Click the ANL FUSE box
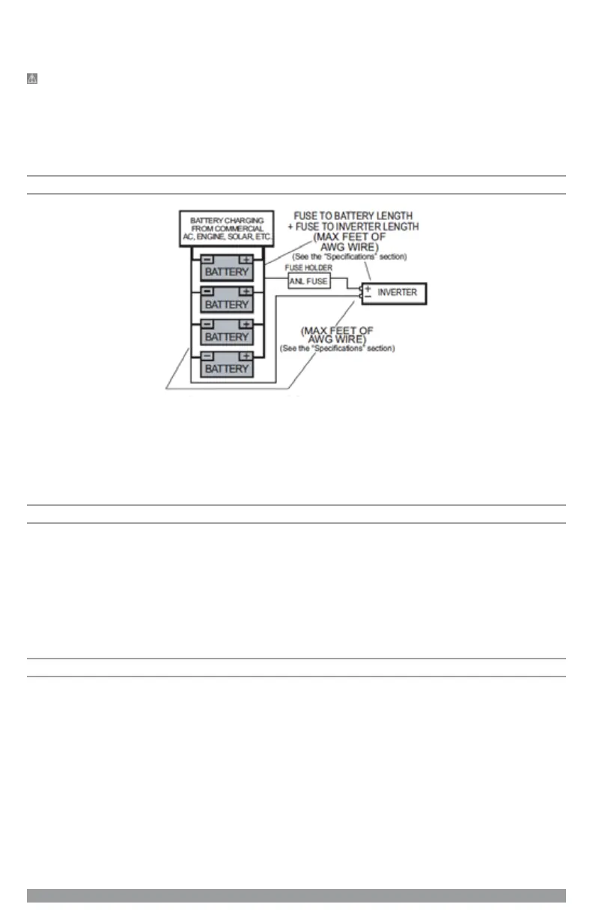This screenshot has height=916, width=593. (309, 281)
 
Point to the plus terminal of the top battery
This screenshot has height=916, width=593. (246, 259)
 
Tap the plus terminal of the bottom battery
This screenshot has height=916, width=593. (246, 355)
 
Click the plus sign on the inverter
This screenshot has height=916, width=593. (367, 287)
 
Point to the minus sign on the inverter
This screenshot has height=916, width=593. (367, 297)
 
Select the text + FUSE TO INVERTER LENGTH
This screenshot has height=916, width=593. (353, 226)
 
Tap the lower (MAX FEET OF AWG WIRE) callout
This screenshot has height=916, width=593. (337, 335)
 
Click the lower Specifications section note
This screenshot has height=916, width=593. (337, 349)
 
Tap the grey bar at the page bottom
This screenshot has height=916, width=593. (296, 896)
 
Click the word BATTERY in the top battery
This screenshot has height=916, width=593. (227, 272)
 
